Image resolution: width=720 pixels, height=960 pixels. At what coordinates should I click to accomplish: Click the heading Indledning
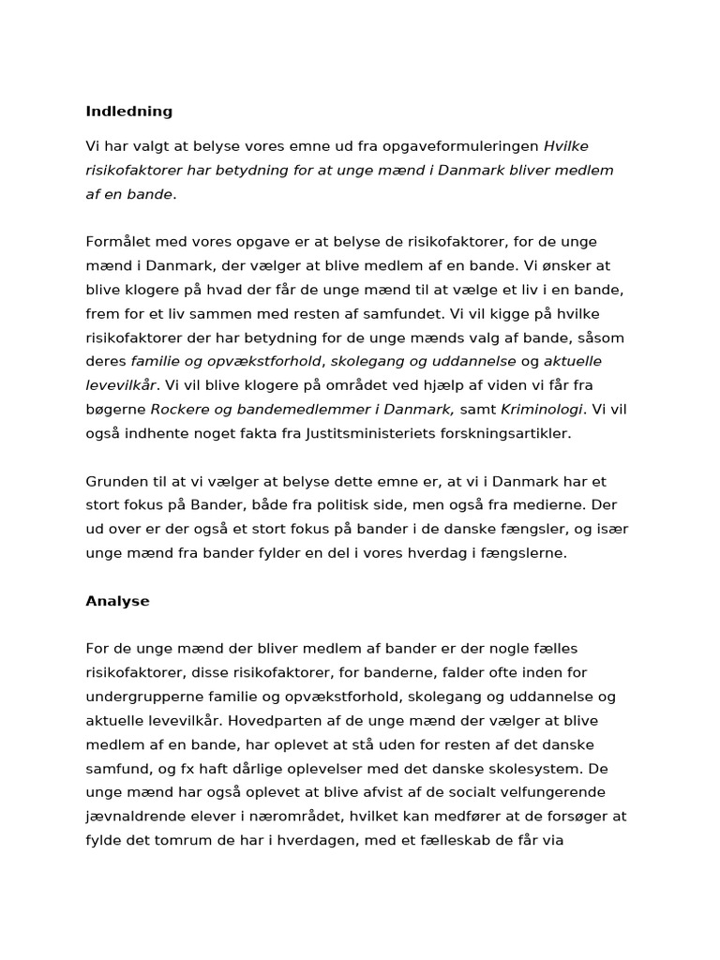coord(129,112)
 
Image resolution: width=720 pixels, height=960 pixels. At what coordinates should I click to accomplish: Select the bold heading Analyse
coord(117,601)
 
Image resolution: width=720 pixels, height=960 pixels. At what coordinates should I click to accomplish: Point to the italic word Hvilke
coord(566,146)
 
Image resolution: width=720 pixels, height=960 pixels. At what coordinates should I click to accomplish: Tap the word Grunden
coord(116,482)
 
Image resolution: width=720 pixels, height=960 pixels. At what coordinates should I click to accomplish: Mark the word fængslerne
coord(523,553)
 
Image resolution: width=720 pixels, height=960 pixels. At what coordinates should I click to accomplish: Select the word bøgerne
coord(115,410)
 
